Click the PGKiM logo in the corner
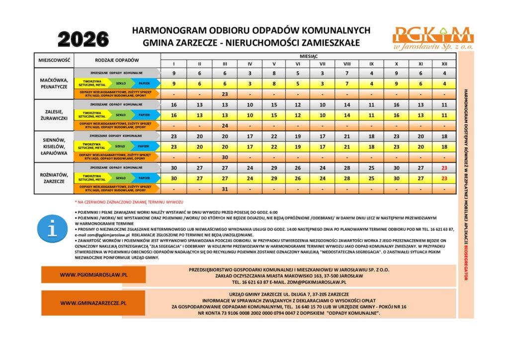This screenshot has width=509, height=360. tap(432, 37)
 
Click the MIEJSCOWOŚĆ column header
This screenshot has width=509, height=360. tap(54, 61)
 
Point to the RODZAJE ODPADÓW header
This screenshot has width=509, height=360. tap(117, 61)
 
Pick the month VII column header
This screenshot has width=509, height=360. tap(322, 64)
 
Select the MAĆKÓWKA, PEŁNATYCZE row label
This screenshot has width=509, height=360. tap(54, 83)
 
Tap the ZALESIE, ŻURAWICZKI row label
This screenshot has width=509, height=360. tap(54, 115)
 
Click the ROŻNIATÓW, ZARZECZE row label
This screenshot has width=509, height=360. tap(54, 178)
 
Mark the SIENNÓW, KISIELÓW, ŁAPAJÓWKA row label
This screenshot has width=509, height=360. tap(54, 147)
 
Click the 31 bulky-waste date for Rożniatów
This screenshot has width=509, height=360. tap(225, 189)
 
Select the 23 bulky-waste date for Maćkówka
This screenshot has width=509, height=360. tap(225, 94)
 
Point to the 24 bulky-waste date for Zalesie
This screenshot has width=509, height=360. tap(225, 126)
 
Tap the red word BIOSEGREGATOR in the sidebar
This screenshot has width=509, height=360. tap(466, 262)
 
